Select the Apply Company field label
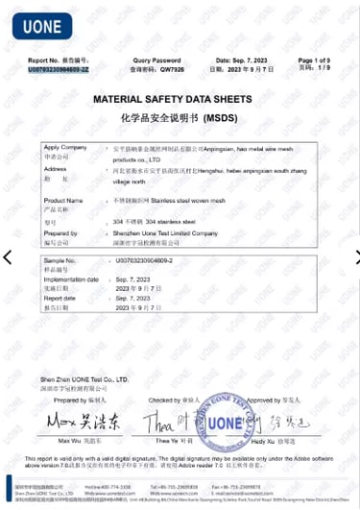tap(65, 147)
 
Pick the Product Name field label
tap(64, 200)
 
